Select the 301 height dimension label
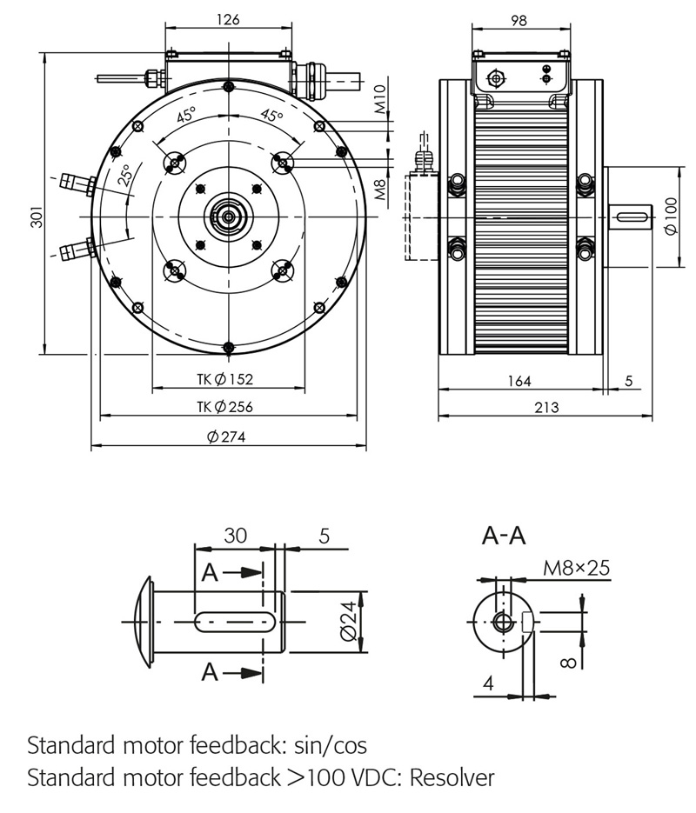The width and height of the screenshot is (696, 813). [36, 217]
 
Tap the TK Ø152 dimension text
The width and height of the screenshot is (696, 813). [224, 379]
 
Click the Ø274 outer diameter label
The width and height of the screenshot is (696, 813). [226, 437]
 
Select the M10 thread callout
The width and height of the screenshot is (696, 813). [380, 100]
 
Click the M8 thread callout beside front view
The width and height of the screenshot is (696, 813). [380, 190]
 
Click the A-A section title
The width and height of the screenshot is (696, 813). [504, 536]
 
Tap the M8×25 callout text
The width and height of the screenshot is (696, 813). [576, 568]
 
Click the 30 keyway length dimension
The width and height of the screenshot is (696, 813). [235, 536]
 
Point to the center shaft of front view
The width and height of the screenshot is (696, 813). [227, 217]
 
